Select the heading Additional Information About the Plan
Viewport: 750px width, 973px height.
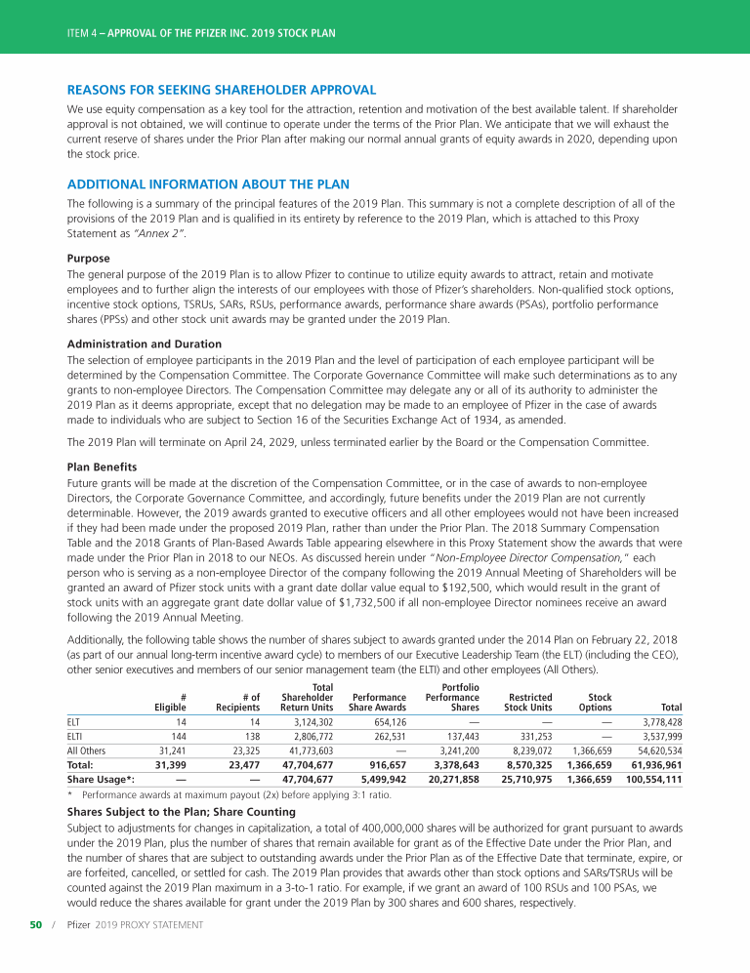[208, 183]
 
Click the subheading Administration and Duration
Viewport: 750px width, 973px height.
[145, 344]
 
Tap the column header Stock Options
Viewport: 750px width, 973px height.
[595, 702]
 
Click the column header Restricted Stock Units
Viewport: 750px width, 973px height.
[528, 702]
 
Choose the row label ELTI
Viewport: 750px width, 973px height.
[74, 737]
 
